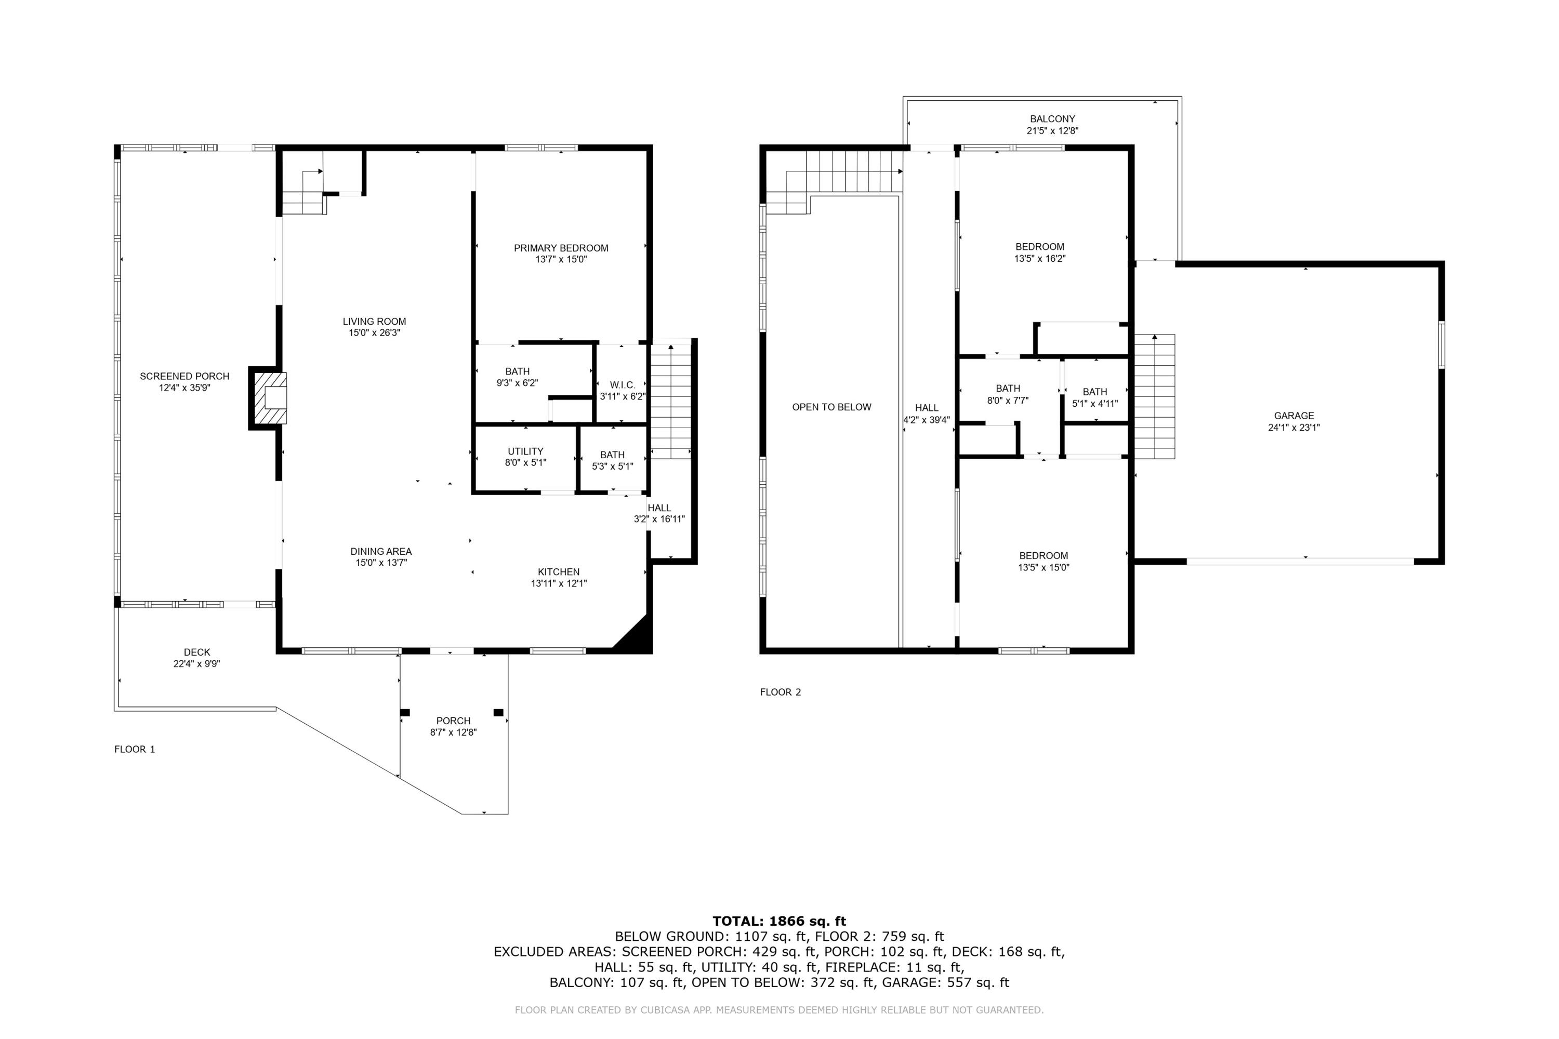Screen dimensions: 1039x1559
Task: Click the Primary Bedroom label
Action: (561, 248)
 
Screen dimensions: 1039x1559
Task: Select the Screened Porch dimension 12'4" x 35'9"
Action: (184, 388)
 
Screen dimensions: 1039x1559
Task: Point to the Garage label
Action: (1293, 416)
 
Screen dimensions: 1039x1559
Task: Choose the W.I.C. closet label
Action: (622, 385)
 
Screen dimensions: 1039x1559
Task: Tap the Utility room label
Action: (525, 451)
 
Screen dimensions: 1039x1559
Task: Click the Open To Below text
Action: (831, 407)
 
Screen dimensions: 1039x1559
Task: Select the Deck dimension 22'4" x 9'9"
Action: (197, 663)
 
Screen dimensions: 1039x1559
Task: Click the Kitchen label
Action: (558, 572)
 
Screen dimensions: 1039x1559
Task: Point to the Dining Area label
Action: (380, 551)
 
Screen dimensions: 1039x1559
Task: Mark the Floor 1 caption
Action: (135, 749)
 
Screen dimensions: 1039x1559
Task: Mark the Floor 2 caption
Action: (780, 692)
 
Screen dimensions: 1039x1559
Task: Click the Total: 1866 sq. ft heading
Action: (779, 921)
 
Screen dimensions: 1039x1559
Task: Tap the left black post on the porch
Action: (405, 712)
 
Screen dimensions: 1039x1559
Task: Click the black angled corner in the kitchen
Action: (636, 636)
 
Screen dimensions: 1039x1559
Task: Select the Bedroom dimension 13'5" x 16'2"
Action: (1039, 258)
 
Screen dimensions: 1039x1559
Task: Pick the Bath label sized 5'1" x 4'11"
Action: (1094, 392)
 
